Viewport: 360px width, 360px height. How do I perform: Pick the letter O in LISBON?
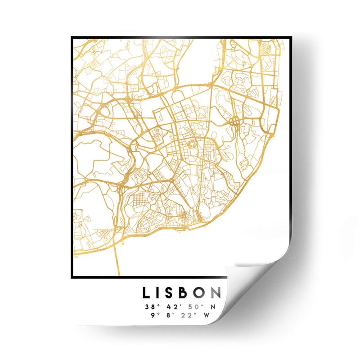pos(202,293)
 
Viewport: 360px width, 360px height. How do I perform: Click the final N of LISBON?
pos(216,293)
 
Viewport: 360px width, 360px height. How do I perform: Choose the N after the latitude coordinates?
pos(214,307)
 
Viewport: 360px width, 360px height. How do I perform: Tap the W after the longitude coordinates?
pos(207,315)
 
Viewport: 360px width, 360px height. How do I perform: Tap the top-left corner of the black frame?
pos(72,38)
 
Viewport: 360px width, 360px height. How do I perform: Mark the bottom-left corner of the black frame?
pos(72,277)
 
